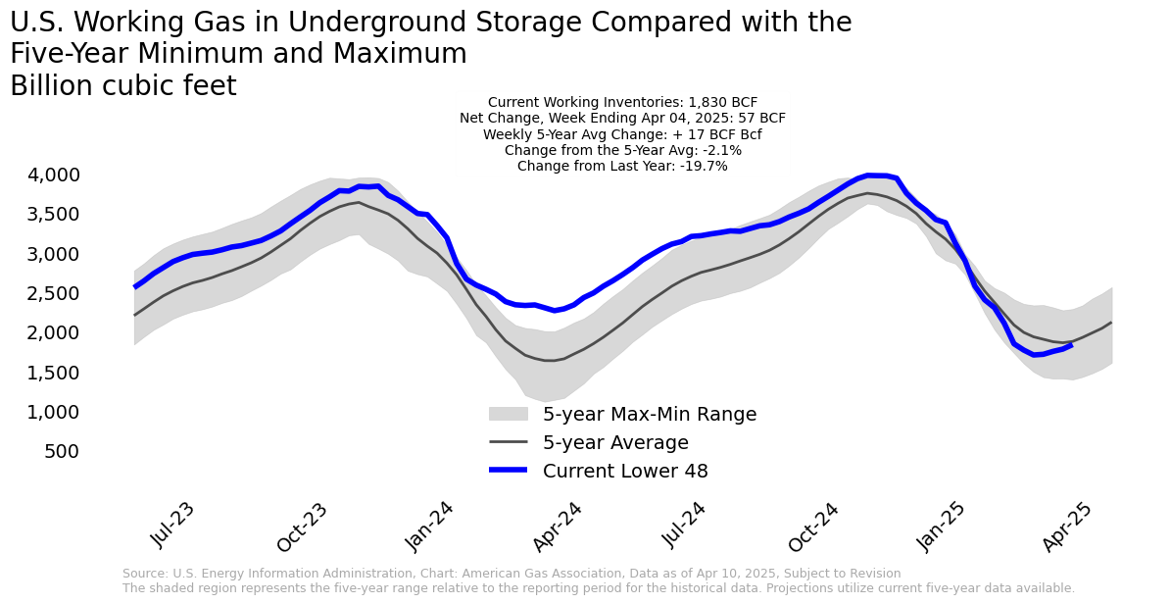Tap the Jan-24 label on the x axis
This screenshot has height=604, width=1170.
pos(430,525)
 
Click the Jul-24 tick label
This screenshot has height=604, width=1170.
pos(684,525)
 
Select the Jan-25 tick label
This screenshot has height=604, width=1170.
pos(942,525)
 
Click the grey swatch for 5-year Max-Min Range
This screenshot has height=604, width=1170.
pos(509,415)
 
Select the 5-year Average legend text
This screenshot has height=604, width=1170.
pos(615,443)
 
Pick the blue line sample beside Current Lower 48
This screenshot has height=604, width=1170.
pos(509,472)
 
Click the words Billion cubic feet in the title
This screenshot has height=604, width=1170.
pos(123,86)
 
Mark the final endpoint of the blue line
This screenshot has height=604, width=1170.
pos(1070,345)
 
